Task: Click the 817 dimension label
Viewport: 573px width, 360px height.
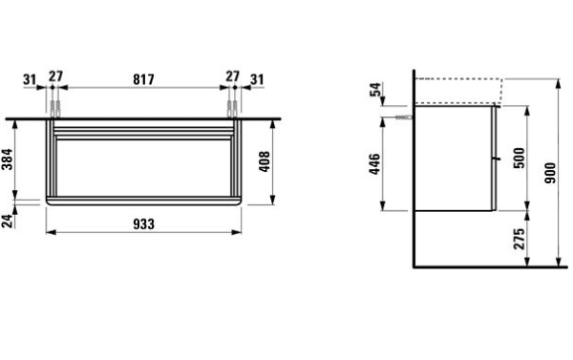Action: point(143,79)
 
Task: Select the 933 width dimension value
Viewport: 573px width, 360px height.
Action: point(143,224)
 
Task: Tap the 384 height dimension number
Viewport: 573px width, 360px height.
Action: point(8,159)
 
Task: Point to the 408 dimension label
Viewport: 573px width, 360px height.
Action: point(264,161)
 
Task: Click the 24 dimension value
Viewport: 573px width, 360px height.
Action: point(8,222)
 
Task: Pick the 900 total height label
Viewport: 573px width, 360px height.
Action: point(550,173)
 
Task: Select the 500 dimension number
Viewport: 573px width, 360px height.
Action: point(519,158)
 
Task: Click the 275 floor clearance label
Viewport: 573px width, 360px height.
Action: point(519,239)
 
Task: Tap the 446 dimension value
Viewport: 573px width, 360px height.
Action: point(374,164)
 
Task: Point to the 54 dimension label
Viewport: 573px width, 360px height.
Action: point(375,90)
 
